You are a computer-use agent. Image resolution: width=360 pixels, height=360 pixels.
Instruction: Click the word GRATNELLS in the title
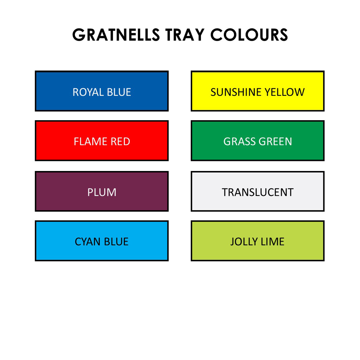point(116,35)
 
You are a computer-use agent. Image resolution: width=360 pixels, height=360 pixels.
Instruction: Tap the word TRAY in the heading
point(185,35)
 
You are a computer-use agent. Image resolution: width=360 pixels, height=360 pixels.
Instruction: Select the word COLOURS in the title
point(249,35)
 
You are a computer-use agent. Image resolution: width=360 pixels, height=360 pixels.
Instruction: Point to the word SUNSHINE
point(236,92)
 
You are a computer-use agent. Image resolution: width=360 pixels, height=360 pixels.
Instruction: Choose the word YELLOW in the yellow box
point(284,92)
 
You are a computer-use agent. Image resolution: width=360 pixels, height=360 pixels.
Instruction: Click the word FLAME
point(90,141)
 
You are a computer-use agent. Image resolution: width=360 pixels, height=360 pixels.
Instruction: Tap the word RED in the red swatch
point(121,141)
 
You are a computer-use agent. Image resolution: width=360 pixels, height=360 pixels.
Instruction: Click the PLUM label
point(102,192)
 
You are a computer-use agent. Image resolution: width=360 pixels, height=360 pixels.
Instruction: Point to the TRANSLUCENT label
point(258,192)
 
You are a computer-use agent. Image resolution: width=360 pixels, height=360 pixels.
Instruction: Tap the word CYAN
point(88,242)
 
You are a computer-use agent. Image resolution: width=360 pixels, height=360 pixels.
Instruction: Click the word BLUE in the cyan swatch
point(116,242)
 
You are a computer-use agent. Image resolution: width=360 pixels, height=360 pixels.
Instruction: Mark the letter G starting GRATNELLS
point(79,35)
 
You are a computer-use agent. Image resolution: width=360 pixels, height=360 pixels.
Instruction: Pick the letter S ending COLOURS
point(283,35)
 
